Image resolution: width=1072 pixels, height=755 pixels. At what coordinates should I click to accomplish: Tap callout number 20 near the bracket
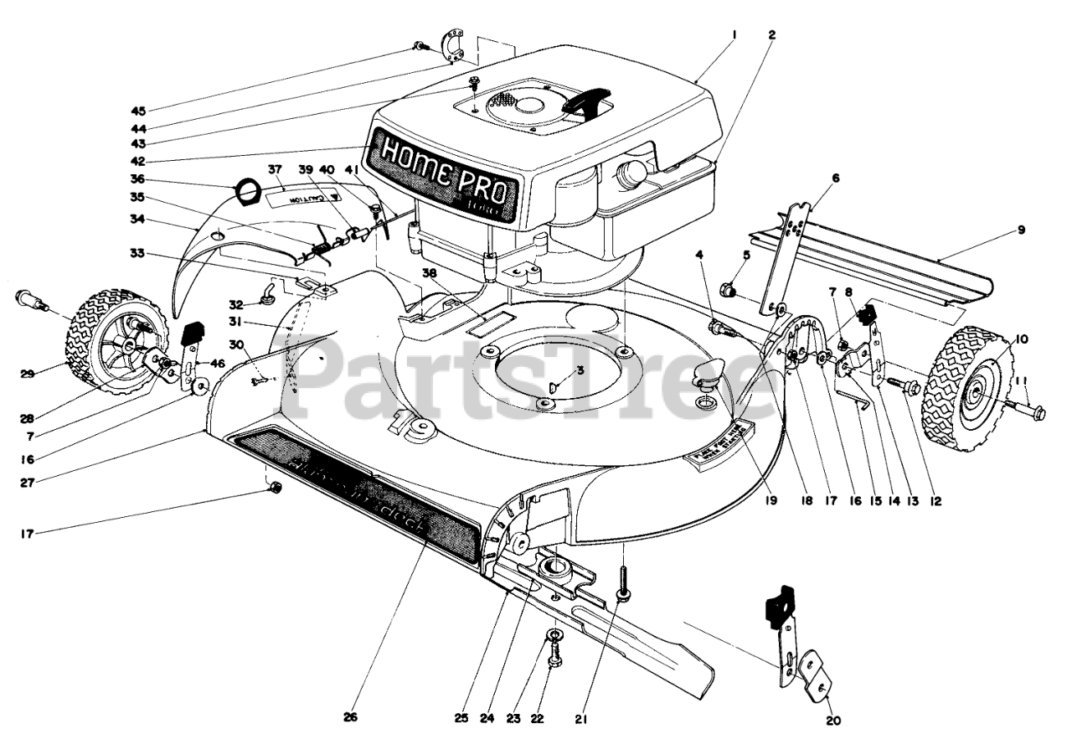click(833, 720)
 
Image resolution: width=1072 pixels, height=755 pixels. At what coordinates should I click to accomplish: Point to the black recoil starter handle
click(587, 101)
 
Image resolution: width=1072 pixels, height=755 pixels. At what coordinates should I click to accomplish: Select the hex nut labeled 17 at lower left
click(276, 489)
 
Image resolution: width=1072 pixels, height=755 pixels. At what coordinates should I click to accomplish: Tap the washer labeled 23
click(554, 636)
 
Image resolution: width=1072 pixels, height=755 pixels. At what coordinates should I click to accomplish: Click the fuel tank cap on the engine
click(630, 173)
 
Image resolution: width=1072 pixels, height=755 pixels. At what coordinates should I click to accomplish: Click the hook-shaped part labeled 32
click(268, 293)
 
